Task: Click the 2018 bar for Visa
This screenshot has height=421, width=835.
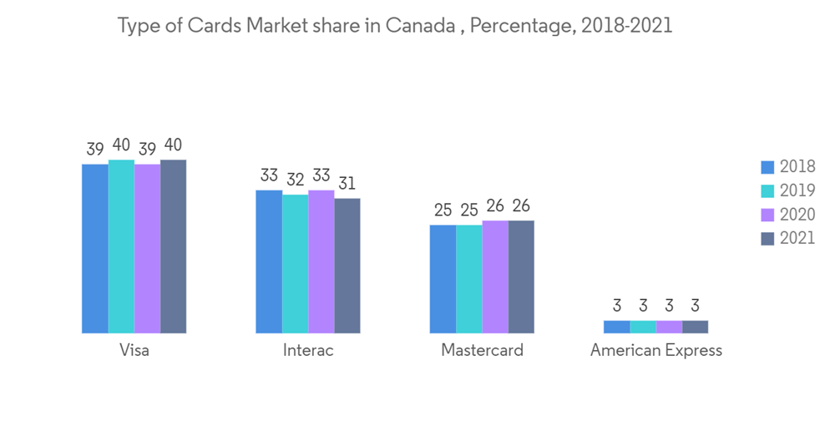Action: (95, 249)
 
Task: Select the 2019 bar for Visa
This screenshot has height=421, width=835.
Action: (121, 246)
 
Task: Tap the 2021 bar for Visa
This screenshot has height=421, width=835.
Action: (173, 246)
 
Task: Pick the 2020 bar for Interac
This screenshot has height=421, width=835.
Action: (321, 261)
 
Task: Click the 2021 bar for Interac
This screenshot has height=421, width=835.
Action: (347, 266)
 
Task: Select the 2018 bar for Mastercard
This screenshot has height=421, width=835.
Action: (443, 279)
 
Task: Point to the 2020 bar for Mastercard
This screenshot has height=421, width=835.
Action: (495, 276)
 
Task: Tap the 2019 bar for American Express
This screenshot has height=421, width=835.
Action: (643, 327)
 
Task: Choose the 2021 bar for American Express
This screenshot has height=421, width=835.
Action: (695, 327)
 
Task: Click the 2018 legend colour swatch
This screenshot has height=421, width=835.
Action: (767, 167)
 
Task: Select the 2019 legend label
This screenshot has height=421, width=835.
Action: (797, 191)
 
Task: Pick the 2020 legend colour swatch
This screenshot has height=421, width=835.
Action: (767, 215)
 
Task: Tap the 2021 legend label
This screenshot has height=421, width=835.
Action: (797, 238)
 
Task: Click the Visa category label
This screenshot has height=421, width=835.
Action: (134, 350)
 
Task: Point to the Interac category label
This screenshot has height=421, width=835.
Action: (308, 350)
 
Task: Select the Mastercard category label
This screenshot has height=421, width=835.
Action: (482, 350)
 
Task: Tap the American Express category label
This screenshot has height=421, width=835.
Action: (655, 350)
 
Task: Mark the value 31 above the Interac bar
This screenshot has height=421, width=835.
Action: (347, 183)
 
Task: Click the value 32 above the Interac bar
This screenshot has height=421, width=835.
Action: (295, 179)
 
